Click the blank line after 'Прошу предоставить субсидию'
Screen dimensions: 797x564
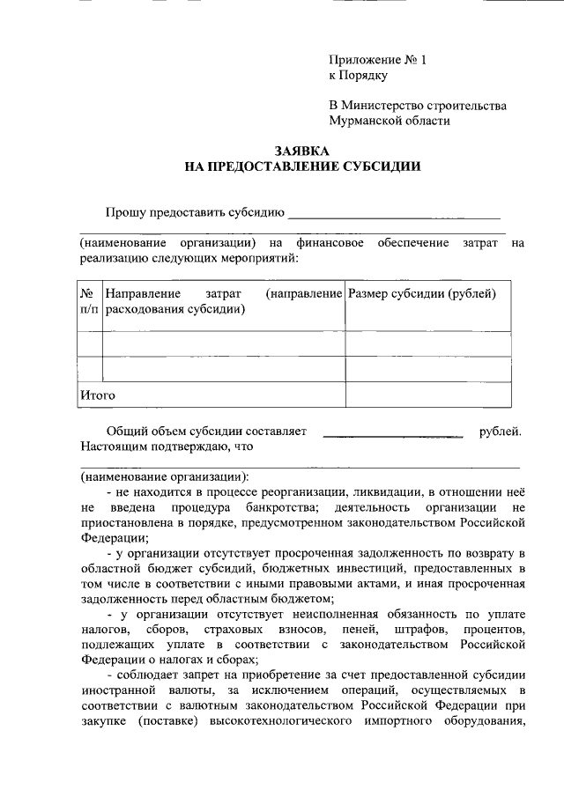pos(394,213)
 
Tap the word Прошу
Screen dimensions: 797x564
pos(123,213)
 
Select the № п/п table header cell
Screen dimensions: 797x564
pos(89,301)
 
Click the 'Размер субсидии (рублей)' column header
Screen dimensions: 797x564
pos(422,293)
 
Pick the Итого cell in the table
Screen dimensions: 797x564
pos(98,395)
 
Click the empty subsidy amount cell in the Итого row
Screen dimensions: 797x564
pos(427,395)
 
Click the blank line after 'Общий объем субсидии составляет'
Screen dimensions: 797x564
pos(393,432)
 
